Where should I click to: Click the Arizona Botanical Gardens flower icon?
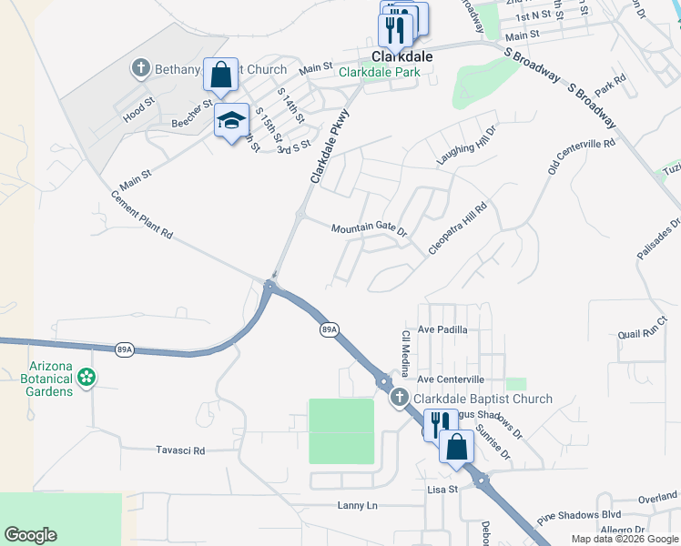tap(86, 376)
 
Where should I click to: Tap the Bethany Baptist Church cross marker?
tap(140, 68)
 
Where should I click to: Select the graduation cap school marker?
tap(231, 120)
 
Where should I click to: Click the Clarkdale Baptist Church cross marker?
tap(399, 398)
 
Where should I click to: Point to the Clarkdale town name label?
tap(401, 56)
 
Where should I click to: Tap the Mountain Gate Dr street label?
tap(369, 229)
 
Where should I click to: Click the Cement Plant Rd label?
tap(141, 215)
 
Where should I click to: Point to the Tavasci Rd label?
tap(180, 450)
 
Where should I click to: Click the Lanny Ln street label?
tap(356, 505)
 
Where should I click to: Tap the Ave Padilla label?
tap(442, 329)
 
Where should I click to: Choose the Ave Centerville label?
tap(451, 379)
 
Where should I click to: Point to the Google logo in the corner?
tap(30, 535)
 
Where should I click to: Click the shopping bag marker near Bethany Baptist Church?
tap(221, 76)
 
